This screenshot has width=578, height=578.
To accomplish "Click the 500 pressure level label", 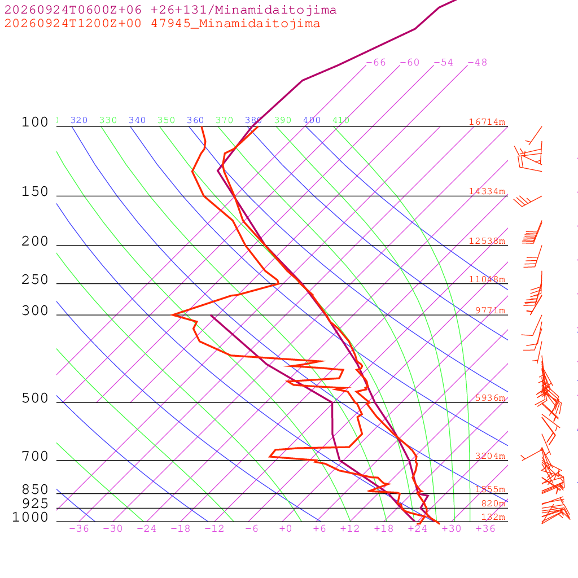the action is click(35, 399).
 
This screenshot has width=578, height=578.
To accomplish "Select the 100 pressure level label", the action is click(35, 122).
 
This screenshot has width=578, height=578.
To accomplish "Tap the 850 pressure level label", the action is click(35, 489).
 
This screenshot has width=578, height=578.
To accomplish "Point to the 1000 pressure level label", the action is click(30, 517).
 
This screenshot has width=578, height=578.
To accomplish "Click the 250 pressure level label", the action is click(35, 280).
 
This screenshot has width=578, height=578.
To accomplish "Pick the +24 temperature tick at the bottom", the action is click(418, 528).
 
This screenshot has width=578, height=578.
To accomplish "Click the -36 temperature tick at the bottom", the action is click(79, 528).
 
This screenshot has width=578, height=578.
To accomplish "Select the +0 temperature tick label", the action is click(285, 528).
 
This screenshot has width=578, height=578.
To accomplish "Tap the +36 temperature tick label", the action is click(485, 528).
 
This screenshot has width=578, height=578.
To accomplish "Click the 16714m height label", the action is click(487, 122).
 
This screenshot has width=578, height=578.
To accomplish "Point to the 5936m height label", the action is click(491, 398).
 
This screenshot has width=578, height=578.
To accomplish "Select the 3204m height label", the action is click(491, 456).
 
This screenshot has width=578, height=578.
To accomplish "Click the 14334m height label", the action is click(487, 191).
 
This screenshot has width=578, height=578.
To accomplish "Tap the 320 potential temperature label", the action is click(79, 120).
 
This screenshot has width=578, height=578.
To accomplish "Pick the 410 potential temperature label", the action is click(341, 120).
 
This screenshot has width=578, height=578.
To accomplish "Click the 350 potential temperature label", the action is click(167, 120).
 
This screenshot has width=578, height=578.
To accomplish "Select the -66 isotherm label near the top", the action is click(376, 63).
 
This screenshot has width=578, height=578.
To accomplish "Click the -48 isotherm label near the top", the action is click(478, 63).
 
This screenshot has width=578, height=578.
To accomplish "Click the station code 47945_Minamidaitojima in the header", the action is click(235, 24).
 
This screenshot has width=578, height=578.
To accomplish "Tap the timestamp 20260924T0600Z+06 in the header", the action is click(73, 10).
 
